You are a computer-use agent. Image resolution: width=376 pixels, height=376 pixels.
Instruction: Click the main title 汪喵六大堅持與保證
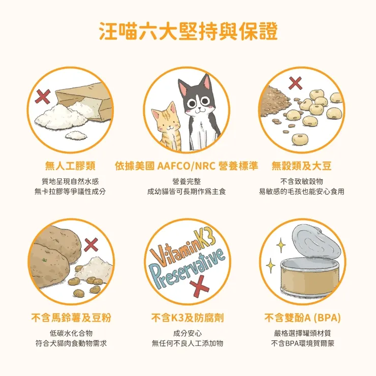tap(187, 31)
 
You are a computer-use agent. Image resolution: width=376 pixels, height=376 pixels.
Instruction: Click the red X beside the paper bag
tap(43, 95)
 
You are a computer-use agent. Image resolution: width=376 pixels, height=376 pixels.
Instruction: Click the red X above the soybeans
tap(295, 83)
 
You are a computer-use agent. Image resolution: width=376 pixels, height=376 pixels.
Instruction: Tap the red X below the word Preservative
tap(199, 285)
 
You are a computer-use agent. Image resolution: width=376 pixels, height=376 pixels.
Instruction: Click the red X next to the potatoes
tap(91, 244)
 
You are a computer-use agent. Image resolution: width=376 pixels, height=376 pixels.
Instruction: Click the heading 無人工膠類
tap(71, 166)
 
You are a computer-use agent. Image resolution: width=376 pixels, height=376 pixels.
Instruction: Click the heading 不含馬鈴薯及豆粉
tap(71, 318)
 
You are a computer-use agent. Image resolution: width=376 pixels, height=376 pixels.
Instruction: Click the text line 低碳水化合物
tap(71, 333)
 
